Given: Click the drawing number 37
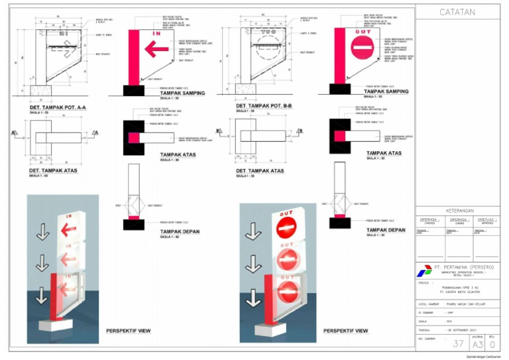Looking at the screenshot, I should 458,343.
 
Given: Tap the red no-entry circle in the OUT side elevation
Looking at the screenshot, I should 363,48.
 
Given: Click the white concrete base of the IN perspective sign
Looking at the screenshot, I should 58,326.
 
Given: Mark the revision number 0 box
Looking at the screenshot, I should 492,344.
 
